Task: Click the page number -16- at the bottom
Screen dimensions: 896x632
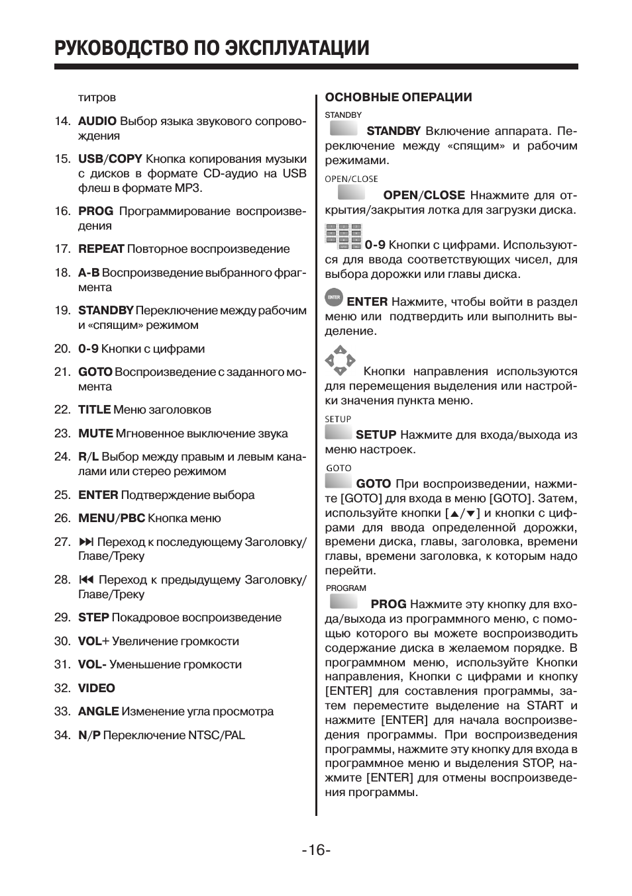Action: click(x=316, y=850)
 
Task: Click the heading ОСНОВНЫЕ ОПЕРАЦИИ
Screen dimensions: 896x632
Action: click(x=398, y=97)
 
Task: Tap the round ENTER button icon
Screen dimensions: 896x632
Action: click(x=334, y=298)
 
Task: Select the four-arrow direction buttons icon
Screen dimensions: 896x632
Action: click(x=340, y=360)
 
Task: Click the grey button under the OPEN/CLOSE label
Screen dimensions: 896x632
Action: click(x=351, y=193)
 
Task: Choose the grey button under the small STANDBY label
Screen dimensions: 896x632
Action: click(x=344, y=128)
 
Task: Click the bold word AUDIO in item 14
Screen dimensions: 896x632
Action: click(x=97, y=121)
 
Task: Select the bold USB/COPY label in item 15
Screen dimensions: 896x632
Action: click(x=110, y=159)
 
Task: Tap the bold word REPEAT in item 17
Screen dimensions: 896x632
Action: click(x=101, y=249)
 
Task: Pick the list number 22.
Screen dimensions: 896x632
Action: click(x=62, y=410)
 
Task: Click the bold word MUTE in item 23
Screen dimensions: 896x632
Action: click(x=95, y=433)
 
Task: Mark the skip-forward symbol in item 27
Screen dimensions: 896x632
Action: click(x=86, y=542)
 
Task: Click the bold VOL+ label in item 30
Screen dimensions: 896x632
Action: click(x=93, y=641)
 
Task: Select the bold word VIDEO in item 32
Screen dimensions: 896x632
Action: click(x=97, y=688)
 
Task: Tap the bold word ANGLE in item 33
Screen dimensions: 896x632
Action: click(x=98, y=711)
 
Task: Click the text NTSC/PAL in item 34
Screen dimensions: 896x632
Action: click(x=216, y=735)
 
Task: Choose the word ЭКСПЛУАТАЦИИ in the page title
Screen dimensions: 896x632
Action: click(x=297, y=48)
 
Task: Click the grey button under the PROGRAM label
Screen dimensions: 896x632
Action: click(x=344, y=602)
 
